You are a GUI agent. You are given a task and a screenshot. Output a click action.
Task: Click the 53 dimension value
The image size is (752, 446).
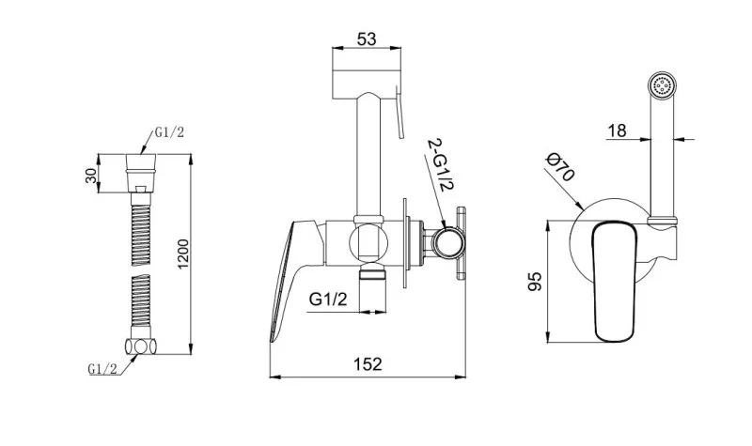coord(367,38)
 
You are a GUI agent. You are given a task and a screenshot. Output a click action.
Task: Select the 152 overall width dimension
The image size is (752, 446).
coord(368,364)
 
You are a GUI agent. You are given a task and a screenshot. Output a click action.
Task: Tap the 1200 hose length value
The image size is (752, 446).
coord(183,254)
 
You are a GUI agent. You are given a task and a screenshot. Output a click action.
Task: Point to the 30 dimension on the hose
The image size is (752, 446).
coord(90,174)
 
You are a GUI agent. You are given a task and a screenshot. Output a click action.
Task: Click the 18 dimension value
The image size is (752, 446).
coord(618,131)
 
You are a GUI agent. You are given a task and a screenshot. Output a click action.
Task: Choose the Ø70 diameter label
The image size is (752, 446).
coord(560,167)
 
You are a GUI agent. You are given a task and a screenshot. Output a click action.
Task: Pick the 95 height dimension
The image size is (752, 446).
coord(535,282)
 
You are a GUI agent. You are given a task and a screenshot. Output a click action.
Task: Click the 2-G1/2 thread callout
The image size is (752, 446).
coord(440,165)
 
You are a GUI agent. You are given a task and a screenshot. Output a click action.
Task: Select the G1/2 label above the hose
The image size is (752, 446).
coord(169,132)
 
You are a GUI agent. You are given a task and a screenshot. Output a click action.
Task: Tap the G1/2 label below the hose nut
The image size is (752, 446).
coord(102,368)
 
